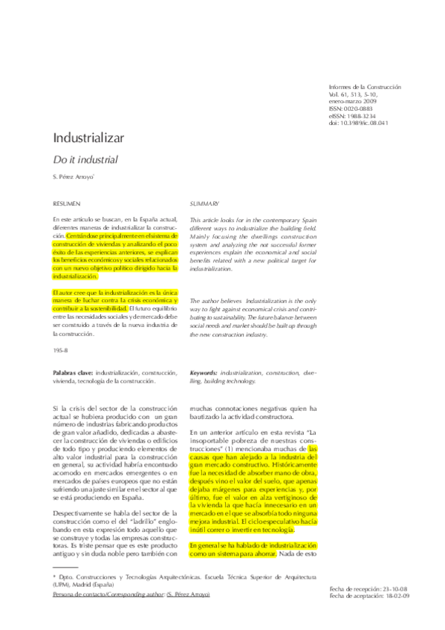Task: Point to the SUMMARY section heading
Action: click(204, 202)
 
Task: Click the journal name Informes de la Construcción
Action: click(364, 87)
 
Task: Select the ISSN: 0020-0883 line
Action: click(353, 108)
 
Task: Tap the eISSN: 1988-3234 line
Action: click(354, 115)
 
